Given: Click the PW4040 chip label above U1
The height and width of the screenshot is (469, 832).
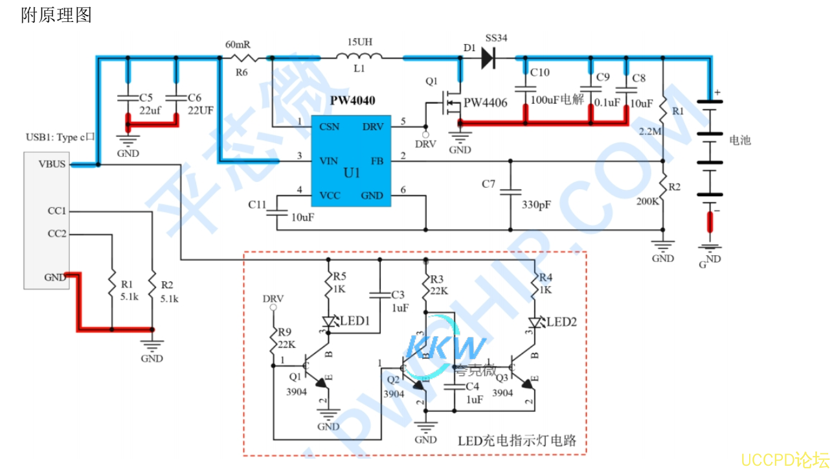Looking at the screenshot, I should [352, 101].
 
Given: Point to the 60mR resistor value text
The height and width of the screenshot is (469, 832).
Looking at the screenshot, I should [238, 45].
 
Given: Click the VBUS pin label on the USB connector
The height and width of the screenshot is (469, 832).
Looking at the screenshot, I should [52, 164].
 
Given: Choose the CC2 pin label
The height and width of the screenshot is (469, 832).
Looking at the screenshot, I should [56, 234].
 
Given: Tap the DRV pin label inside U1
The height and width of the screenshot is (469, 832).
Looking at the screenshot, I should [372, 126].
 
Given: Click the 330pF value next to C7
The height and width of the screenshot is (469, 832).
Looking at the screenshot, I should [536, 205].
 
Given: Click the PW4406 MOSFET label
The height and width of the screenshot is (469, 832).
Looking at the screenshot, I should [485, 103].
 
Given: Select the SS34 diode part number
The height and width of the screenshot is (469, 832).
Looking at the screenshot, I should [496, 38].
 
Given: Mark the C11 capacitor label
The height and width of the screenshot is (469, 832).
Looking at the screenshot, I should [257, 205].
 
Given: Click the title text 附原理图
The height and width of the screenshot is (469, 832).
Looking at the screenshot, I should [56, 15].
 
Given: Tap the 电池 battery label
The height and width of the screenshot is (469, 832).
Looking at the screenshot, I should [740, 140].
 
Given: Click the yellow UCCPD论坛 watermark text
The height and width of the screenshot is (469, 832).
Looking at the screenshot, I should [784, 459].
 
